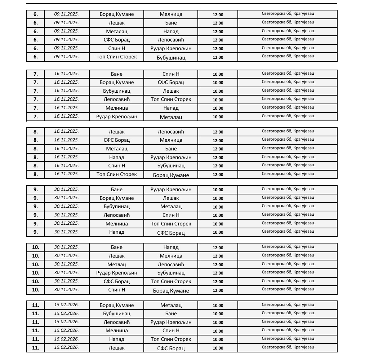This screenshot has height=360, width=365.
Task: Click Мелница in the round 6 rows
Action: (x=171, y=14)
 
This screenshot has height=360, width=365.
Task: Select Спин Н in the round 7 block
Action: (x=171, y=74)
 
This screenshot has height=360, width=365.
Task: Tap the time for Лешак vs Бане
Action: (x=218, y=23)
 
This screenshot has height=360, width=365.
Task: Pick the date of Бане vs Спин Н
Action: (x=67, y=74)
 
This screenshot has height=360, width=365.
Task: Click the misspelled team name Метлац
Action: (x=116, y=264)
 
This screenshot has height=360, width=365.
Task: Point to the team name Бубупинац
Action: (x=116, y=207)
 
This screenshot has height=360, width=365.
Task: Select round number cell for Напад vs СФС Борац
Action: (x=35, y=232)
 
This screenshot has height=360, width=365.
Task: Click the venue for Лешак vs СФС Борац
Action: (x=288, y=347)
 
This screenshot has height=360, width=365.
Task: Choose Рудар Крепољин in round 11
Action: (x=171, y=322)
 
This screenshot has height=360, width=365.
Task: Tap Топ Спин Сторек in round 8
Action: (x=116, y=174)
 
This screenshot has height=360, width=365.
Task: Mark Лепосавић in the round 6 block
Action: (x=171, y=40)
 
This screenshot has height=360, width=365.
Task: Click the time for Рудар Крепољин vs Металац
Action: (x=218, y=117)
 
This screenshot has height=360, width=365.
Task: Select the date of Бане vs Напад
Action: (x=67, y=247)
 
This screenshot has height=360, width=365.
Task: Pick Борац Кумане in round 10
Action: (x=171, y=290)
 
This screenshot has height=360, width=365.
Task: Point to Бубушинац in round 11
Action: (x=116, y=314)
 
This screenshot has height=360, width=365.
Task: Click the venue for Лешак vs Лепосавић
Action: (x=288, y=131)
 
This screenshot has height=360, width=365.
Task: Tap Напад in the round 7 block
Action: (x=171, y=108)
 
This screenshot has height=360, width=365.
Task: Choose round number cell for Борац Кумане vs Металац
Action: (x=35, y=305)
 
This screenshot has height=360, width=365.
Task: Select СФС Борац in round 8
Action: (x=116, y=140)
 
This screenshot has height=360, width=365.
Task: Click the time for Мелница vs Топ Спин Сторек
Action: (x=218, y=224)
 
